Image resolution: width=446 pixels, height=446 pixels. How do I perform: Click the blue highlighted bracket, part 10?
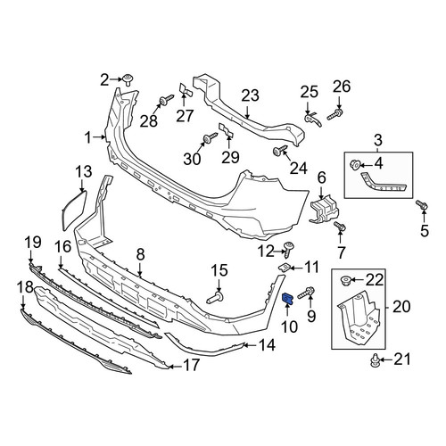[287, 299]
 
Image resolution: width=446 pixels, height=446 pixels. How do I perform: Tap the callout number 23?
[250, 95]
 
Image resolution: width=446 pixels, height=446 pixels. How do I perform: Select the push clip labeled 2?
[128, 79]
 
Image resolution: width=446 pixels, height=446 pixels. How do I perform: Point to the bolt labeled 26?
[334, 113]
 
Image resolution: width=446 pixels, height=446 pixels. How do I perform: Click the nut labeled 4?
[355, 164]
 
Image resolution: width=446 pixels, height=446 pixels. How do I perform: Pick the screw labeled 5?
[422, 204]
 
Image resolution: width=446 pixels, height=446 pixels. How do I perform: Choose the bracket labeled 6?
[324, 209]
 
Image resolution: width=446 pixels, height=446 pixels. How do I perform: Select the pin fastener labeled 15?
[216, 298]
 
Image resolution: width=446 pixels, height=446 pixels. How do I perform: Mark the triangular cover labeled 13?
[74, 211]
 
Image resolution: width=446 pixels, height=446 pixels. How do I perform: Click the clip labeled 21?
[375, 360]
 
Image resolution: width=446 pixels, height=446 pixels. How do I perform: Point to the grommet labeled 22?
[345, 280]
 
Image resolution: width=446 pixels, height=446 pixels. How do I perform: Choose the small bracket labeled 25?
[313, 120]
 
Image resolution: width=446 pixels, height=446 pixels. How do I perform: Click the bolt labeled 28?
[167, 100]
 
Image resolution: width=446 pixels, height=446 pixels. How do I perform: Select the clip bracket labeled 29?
[226, 131]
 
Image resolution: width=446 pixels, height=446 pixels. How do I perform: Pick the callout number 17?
[192, 365]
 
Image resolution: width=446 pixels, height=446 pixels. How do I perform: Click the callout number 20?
[401, 307]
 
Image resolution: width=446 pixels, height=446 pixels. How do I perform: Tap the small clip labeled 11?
[284, 268]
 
